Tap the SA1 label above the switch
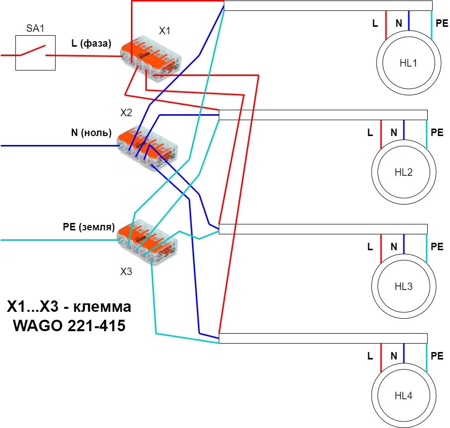pyautogui.click(x=35, y=28)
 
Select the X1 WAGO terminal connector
pyautogui.click(x=150, y=58)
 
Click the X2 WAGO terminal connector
pyautogui.click(x=147, y=148)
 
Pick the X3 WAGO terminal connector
pyautogui.click(x=148, y=241)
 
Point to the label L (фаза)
pyautogui.click(x=91, y=43)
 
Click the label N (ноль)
pyautogui.click(x=91, y=133)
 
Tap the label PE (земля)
pyautogui.click(x=89, y=227)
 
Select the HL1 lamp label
pyautogui.click(x=408, y=63)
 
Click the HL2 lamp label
pyautogui.click(x=403, y=172)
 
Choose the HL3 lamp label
pyautogui.click(x=403, y=286)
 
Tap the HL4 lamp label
pyautogui.click(x=403, y=396)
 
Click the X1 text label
pyautogui.click(x=164, y=31)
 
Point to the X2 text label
pyautogui.click(x=126, y=113)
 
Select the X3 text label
pyautogui.click(x=126, y=272)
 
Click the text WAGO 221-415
pyautogui.click(x=69, y=325)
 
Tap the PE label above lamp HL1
pyautogui.click(x=442, y=23)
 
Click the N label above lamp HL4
pyautogui.click(x=394, y=356)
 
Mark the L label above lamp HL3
pyautogui.click(x=370, y=247)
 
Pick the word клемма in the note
pyautogui.click(x=102, y=307)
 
